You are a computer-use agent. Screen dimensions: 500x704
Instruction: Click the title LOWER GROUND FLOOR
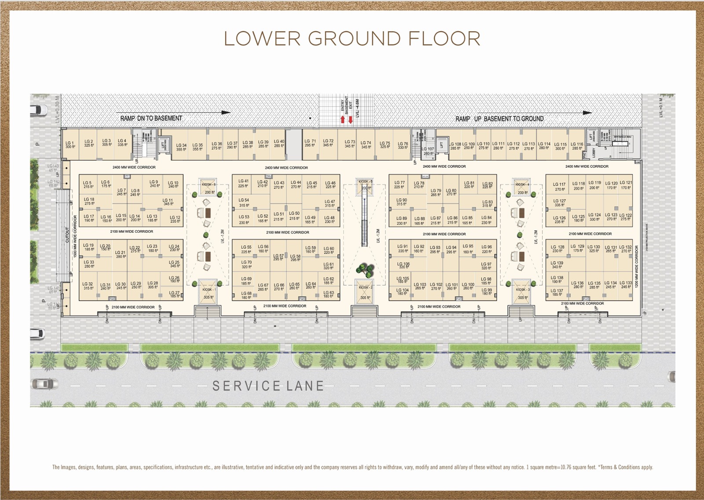(352, 39)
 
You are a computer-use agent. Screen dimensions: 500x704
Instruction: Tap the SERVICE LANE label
(268, 386)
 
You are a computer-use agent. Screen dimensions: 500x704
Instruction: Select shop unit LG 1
(70, 145)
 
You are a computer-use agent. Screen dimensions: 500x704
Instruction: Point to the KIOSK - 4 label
(523, 184)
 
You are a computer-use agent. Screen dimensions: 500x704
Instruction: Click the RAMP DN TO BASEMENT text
(151, 118)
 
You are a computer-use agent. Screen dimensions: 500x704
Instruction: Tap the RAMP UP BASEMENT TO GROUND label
(499, 119)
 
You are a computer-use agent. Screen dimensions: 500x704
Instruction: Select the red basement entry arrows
(346, 119)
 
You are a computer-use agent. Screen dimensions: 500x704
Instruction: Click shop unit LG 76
(403, 145)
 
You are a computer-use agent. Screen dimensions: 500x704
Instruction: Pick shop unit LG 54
(244, 202)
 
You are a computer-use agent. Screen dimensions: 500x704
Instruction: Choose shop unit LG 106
(403, 265)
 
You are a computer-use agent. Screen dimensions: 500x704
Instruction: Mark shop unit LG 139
(557, 265)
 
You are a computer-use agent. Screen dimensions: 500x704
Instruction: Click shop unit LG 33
(89, 264)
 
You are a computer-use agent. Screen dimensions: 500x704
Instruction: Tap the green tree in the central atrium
(364, 269)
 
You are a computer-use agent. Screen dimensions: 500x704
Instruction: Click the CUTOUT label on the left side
(67, 235)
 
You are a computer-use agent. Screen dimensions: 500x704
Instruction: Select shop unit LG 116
(577, 146)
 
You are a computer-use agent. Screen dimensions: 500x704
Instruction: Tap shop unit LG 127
(560, 202)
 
